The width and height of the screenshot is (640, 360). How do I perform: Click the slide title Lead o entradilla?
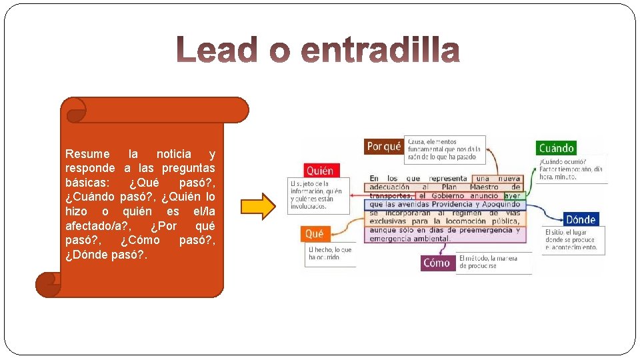318,51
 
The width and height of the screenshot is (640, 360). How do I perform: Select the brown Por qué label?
384,146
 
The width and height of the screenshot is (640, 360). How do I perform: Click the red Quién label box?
319,171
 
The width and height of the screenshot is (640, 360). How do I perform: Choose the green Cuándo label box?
556,148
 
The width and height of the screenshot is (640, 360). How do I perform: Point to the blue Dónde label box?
579,219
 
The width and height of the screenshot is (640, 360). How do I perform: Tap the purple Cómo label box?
437,263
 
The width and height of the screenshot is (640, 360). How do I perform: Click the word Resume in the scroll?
87,154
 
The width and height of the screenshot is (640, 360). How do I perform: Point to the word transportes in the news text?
390,196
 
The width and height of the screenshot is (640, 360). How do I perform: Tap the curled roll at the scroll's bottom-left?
48,285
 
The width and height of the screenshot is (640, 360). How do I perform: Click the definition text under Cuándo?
571,169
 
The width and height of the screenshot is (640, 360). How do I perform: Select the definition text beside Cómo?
493,262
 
